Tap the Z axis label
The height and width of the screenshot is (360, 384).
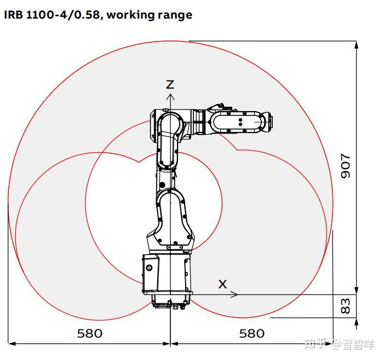170,84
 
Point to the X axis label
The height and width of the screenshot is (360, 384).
222,284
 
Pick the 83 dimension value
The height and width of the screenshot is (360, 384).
345,305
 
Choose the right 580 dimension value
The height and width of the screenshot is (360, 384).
251,333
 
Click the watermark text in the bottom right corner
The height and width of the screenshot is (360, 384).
340,344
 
